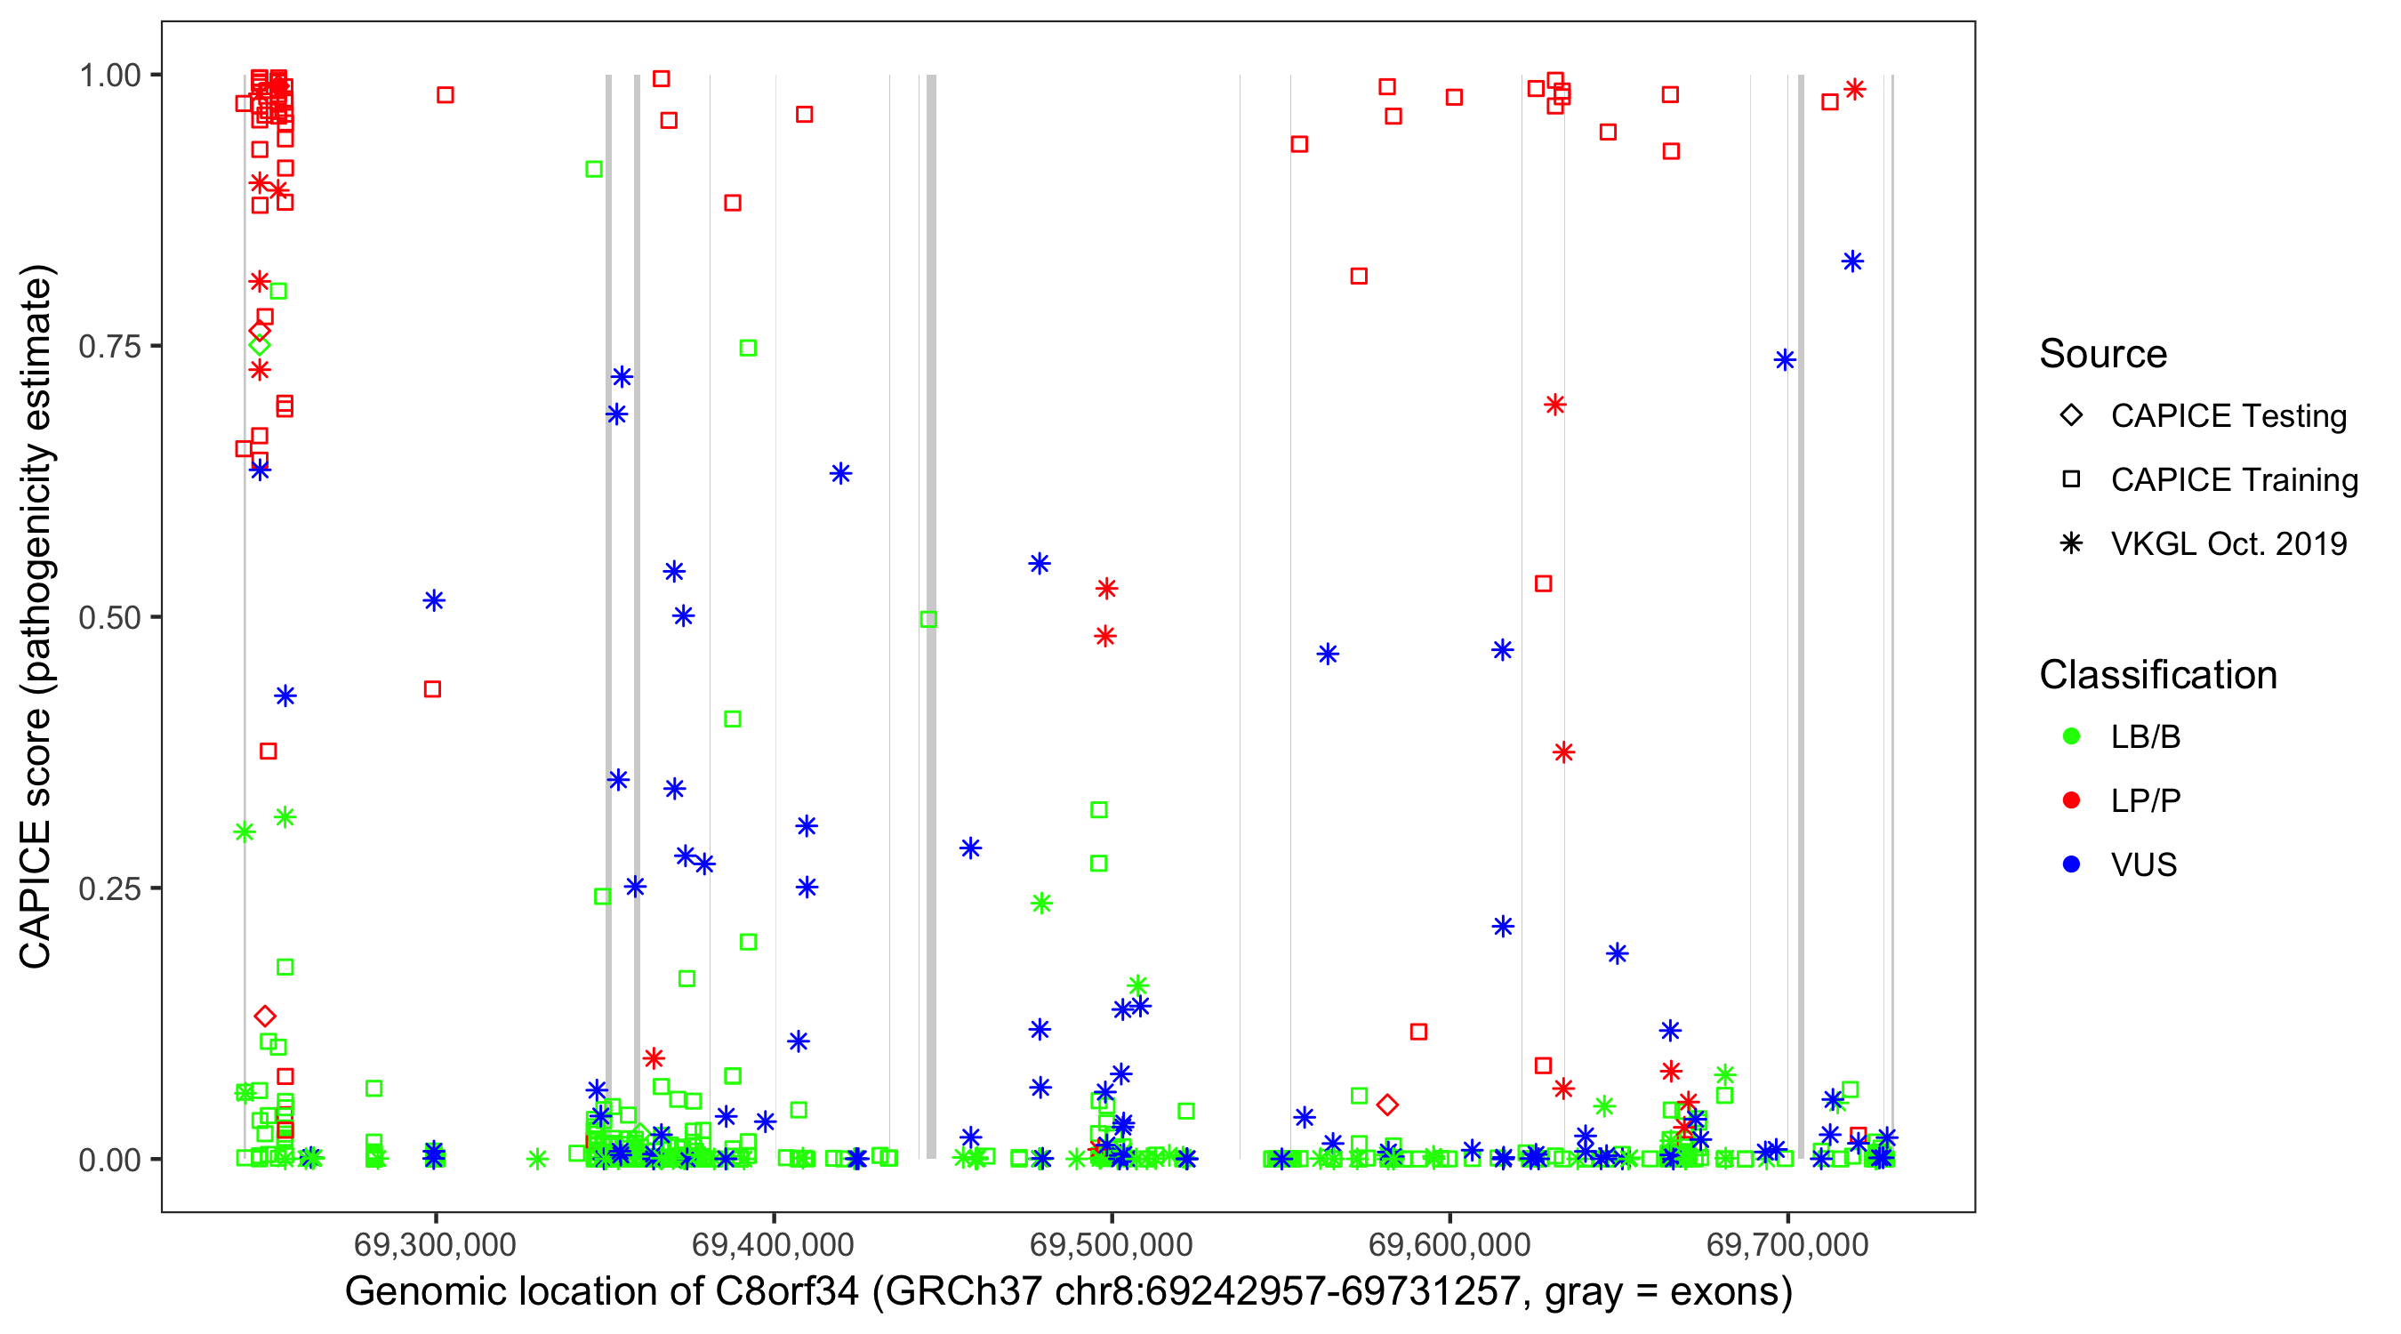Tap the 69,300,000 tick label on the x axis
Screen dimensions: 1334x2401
pyautogui.click(x=434, y=1244)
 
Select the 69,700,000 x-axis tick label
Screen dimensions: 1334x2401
pyautogui.click(x=1787, y=1244)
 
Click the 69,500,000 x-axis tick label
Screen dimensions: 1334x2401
pyautogui.click(x=1111, y=1244)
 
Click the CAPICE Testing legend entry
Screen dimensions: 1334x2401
pyautogui.click(x=2228, y=416)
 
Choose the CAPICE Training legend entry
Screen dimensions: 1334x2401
pyautogui.click(x=2233, y=480)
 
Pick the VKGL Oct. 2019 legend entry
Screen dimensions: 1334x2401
pyautogui.click(x=2228, y=543)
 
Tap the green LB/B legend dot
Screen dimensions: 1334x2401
pyautogui.click(x=2071, y=737)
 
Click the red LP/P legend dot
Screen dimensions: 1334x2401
pyautogui.click(x=2071, y=800)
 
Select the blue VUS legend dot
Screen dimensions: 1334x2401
pyautogui.click(x=2071, y=865)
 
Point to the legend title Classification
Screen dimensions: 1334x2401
pyautogui.click(x=2157, y=675)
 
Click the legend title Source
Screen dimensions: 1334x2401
pyautogui.click(x=2103, y=354)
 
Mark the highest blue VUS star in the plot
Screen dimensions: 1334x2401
pyautogui.click(x=1853, y=262)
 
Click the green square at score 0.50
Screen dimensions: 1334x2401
pyautogui.click(x=928, y=620)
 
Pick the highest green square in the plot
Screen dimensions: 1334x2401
pyautogui.click(x=594, y=170)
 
